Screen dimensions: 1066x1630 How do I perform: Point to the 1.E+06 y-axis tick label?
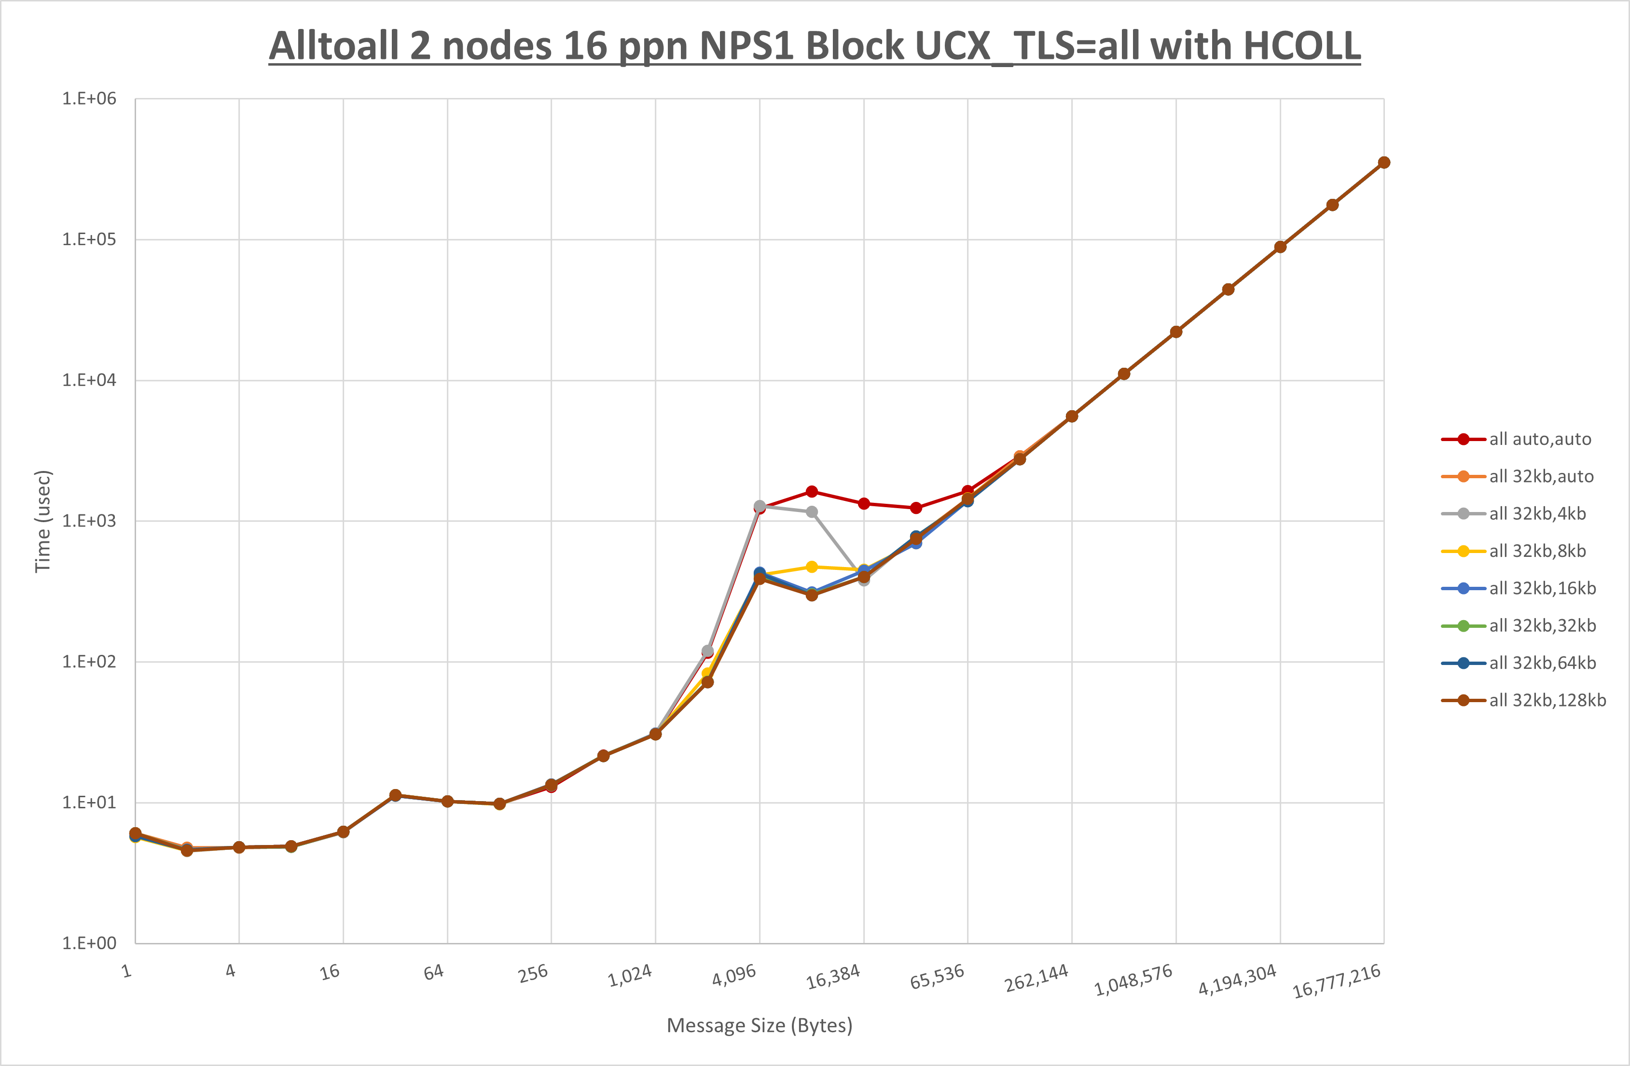[89, 98]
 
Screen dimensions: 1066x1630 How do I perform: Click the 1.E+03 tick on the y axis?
[89, 521]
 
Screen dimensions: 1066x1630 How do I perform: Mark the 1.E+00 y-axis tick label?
[89, 943]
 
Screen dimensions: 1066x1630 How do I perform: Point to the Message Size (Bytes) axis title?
[760, 1025]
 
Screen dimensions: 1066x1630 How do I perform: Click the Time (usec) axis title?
[42, 521]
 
